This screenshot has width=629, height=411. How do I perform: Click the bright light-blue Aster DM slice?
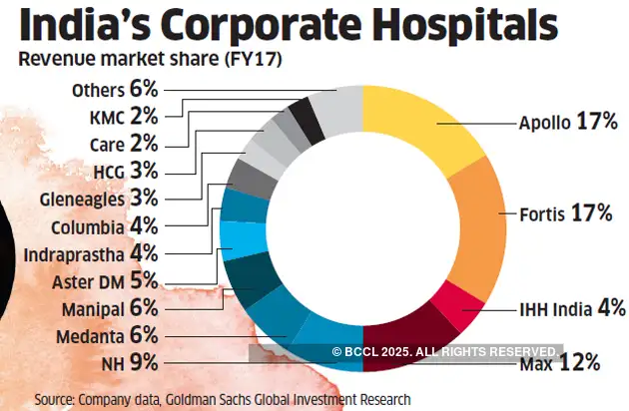(x=241, y=238)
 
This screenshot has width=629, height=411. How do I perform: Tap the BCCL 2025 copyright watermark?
(x=445, y=351)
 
